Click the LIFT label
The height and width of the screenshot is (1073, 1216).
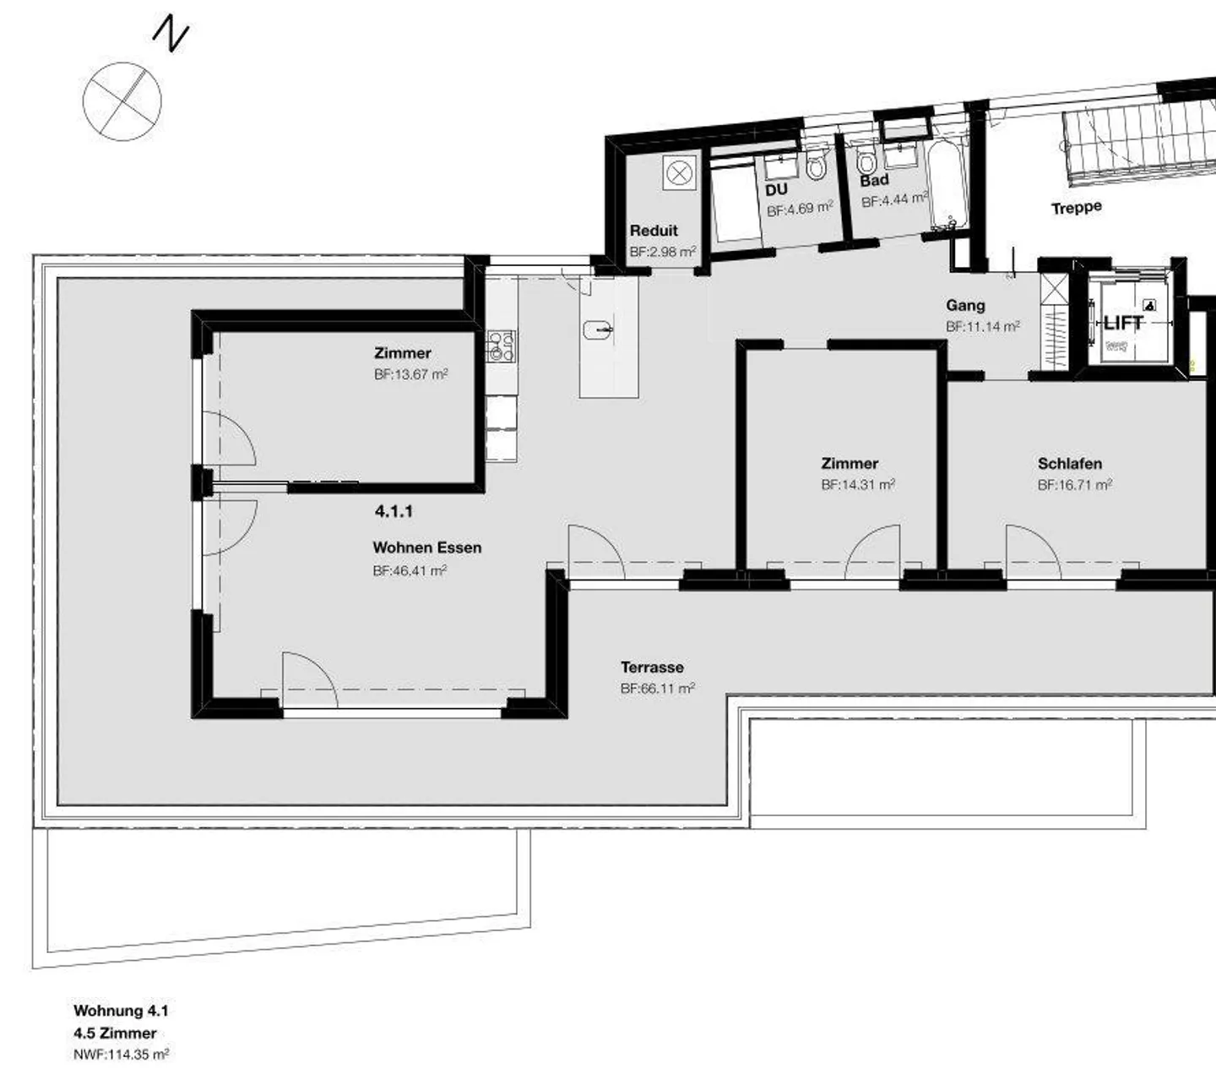pyautogui.click(x=1123, y=323)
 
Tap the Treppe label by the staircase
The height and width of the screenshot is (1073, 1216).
pyautogui.click(x=1076, y=208)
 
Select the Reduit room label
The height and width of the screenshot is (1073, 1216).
pyautogui.click(x=654, y=231)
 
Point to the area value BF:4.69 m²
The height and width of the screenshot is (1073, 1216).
pyautogui.click(x=800, y=209)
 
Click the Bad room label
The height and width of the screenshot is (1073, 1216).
pyautogui.click(x=874, y=180)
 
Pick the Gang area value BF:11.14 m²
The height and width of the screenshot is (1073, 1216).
pyautogui.click(x=983, y=326)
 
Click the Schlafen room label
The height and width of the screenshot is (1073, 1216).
pyautogui.click(x=1069, y=464)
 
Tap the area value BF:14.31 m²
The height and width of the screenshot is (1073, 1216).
pyautogui.click(x=858, y=485)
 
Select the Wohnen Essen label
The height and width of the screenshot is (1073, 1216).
pyautogui.click(x=427, y=547)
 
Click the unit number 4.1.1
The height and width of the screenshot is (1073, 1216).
pyautogui.click(x=394, y=511)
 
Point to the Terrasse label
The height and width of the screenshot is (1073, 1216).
pyautogui.click(x=652, y=667)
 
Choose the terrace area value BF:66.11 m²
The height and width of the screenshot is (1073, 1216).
pyautogui.click(x=657, y=689)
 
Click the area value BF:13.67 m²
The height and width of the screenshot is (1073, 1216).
pyautogui.click(x=411, y=374)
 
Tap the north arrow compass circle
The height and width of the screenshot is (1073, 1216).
pyautogui.click(x=122, y=101)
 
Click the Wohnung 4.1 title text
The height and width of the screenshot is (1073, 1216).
pyautogui.click(x=121, y=1010)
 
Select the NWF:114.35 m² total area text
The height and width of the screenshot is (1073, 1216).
pyautogui.click(x=121, y=1054)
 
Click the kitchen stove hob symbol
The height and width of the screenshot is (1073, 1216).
pyautogui.click(x=502, y=346)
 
